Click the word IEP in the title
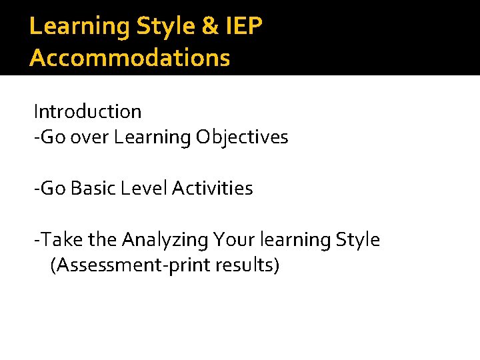point(243,26)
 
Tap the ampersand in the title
point(207,26)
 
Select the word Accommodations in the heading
point(130,57)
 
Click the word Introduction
point(87,111)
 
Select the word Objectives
point(242,137)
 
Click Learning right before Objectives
point(152,138)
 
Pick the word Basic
point(92,189)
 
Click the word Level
point(144,189)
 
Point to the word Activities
point(212,189)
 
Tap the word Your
point(229,239)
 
